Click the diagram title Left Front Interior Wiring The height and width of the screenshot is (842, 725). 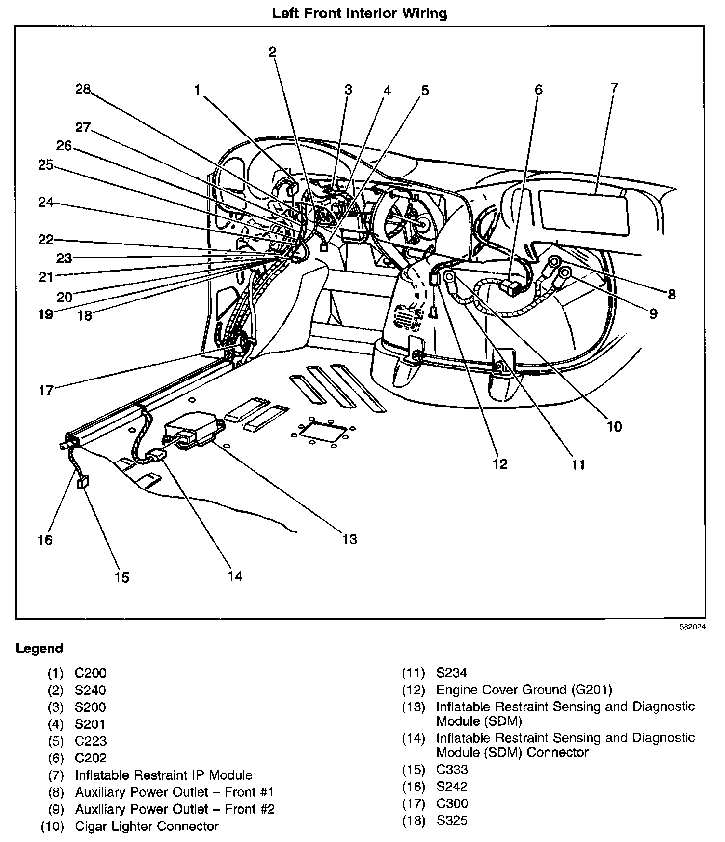(360, 13)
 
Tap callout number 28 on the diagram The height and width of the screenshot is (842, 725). (83, 89)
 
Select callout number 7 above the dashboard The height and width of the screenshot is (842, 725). (614, 88)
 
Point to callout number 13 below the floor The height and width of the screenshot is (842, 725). (349, 539)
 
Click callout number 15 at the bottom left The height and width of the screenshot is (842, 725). (122, 577)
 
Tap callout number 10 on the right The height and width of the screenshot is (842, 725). (614, 426)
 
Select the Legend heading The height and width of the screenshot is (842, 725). (40, 649)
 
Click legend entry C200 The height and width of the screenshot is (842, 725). (91, 673)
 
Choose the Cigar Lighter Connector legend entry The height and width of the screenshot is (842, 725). (147, 826)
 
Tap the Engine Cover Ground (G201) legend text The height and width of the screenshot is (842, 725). (524, 690)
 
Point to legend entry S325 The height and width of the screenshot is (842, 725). (452, 821)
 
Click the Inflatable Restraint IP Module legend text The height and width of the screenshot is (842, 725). (163, 775)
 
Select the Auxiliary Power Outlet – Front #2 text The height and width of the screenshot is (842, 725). (175, 809)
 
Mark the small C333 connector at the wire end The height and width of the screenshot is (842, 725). (83, 482)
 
